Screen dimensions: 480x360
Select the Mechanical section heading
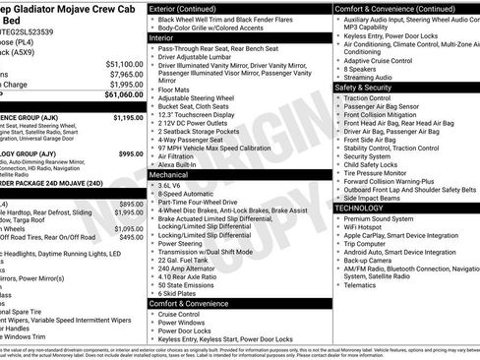(x=171, y=173)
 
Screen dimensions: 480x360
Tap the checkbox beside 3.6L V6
(x=153, y=184)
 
